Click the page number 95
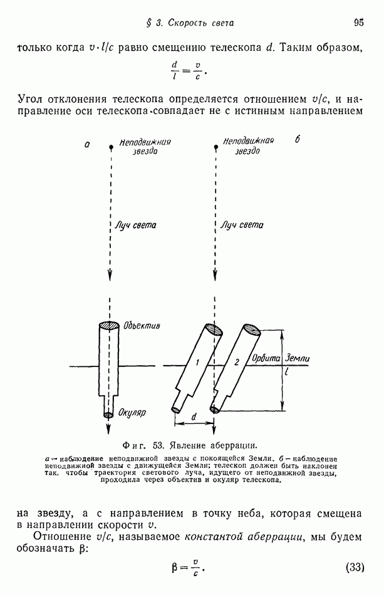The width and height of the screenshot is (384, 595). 358,23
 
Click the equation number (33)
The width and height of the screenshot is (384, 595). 355,567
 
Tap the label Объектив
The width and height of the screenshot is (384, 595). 142,327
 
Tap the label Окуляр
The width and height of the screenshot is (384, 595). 132,413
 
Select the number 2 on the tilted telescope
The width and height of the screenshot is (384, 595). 236,363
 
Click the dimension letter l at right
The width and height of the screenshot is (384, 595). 286,371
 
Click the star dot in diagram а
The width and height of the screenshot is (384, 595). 111,147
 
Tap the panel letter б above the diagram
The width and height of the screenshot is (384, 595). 298,140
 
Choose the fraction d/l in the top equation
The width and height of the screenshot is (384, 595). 175,68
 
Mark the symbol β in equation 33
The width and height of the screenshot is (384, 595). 176,567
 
